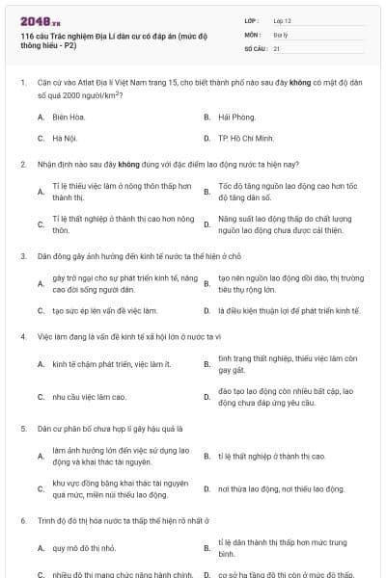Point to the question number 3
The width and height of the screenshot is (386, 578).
pyautogui.click(x=22, y=256)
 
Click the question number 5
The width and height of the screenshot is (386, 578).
pyautogui.click(x=22, y=428)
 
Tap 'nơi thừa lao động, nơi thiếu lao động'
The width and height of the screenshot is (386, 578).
pyautogui.click(x=282, y=489)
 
